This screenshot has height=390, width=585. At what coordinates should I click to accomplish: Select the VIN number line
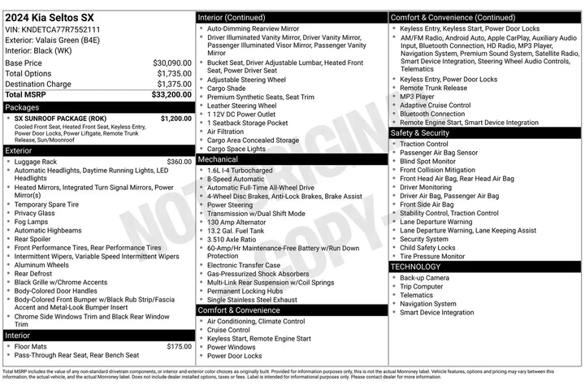point(55,29)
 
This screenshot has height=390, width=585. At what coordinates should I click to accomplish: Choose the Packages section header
point(22,106)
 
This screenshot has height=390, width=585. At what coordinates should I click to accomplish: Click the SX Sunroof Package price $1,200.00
point(175,118)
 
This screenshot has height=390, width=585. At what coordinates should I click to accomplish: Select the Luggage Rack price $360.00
point(179,162)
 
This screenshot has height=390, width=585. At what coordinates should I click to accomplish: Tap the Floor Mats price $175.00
point(179,346)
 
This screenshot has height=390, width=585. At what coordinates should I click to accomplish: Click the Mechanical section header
point(218,159)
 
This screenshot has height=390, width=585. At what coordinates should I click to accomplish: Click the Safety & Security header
point(419,132)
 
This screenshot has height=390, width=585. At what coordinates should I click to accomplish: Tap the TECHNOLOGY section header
point(415,266)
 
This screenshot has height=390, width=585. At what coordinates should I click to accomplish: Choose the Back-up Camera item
point(424,277)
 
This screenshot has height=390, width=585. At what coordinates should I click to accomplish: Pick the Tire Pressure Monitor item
point(432,256)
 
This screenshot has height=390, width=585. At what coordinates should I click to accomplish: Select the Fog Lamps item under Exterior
point(31,222)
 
